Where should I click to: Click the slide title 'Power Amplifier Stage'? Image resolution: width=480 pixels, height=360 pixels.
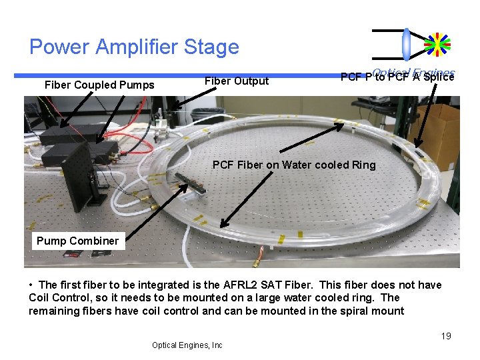[134, 47]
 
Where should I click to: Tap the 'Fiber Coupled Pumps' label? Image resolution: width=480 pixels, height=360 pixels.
[99, 85]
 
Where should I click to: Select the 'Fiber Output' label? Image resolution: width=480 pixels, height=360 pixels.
[237, 81]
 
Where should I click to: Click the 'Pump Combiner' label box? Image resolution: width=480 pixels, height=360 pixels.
[77, 241]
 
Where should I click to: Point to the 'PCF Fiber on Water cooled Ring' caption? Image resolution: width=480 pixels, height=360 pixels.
[293, 165]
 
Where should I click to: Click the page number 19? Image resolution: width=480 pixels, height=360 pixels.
[446, 336]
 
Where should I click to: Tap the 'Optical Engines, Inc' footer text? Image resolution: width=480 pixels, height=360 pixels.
[187, 345]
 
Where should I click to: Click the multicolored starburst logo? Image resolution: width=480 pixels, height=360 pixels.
[437, 44]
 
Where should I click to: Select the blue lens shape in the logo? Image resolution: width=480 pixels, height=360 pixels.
[407, 44]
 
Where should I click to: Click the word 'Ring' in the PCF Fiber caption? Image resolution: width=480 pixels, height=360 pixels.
[363, 165]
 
